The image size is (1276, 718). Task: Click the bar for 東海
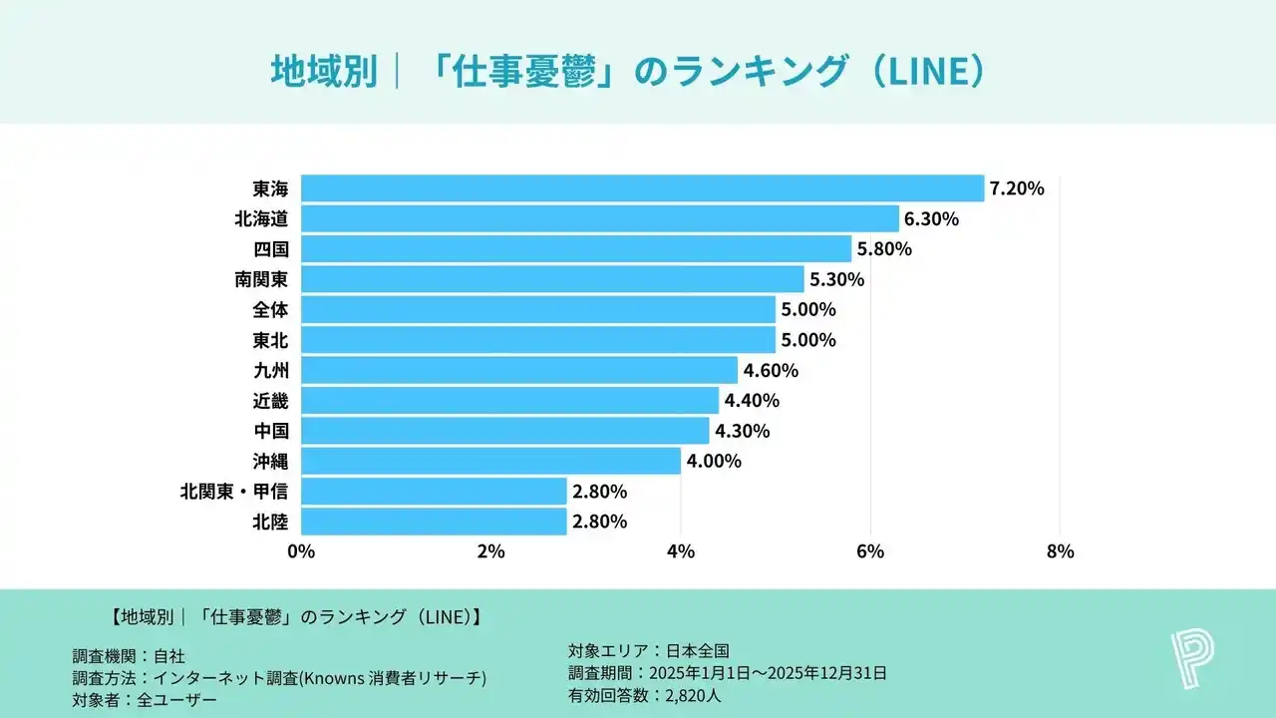pyautogui.click(x=642, y=188)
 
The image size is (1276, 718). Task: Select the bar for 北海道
pyautogui.click(x=599, y=218)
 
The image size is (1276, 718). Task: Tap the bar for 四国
pyautogui.click(x=576, y=248)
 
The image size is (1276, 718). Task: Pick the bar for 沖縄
pyautogui.click(x=490, y=461)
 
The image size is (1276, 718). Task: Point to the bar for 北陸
pyautogui.click(x=434, y=521)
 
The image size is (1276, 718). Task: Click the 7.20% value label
pyautogui.click(x=1017, y=188)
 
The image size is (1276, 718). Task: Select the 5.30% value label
pyautogui.click(x=836, y=279)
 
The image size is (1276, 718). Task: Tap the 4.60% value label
pyautogui.click(x=771, y=370)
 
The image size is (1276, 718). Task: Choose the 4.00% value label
pyautogui.click(x=713, y=461)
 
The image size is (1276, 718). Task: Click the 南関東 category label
pyautogui.click(x=261, y=279)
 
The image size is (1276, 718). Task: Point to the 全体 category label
pyautogui.click(x=271, y=309)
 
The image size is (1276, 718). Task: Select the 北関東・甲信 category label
pyautogui.click(x=234, y=491)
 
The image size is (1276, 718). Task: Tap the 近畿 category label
pyautogui.click(x=271, y=400)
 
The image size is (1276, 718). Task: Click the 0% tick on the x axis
pyautogui.click(x=301, y=550)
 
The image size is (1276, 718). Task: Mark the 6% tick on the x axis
pyautogui.click(x=870, y=550)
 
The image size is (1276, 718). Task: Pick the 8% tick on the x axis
pyautogui.click(x=1060, y=550)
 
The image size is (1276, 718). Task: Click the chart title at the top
pyautogui.click(x=628, y=71)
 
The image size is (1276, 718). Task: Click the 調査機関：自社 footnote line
pyautogui.click(x=129, y=655)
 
